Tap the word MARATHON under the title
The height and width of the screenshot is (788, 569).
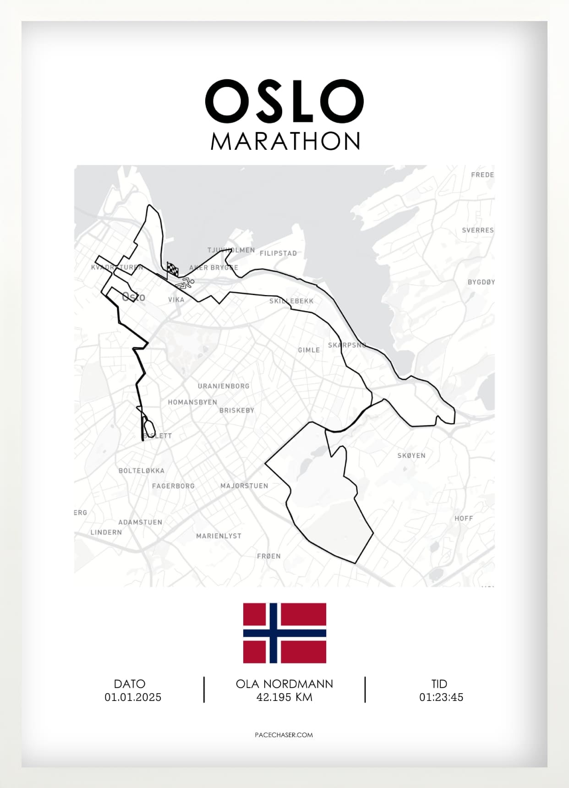(x=285, y=141)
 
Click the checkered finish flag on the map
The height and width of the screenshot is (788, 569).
(x=172, y=269)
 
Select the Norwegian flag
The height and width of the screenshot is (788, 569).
(x=284, y=633)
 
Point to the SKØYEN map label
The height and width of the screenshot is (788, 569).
(x=411, y=455)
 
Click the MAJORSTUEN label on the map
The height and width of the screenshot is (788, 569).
(x=244, y=486)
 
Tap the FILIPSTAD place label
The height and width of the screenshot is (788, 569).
(x=278, y=253)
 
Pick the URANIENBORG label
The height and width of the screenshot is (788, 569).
(x=224, y=386)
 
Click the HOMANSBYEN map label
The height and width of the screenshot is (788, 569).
(x=192, y=402)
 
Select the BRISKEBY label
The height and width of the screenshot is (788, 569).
(x=236, y=410)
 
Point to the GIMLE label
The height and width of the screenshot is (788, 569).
(x=309, y=350)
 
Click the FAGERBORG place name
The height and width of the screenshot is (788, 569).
(x=173, y=486)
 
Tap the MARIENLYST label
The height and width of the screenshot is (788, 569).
(x=219, y=536)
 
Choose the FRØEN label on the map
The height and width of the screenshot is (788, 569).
(x=268, y=556)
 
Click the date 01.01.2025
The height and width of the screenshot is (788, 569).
(x=133, y=697)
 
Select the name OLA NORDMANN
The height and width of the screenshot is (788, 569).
(x=284, y=684)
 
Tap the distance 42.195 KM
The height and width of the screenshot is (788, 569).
(x=284, y=697)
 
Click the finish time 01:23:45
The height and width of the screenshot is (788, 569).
(x=441, y=697)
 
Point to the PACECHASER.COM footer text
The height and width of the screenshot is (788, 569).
(x=284, y=734)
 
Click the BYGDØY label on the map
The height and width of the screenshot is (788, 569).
(x=481, y=282)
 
